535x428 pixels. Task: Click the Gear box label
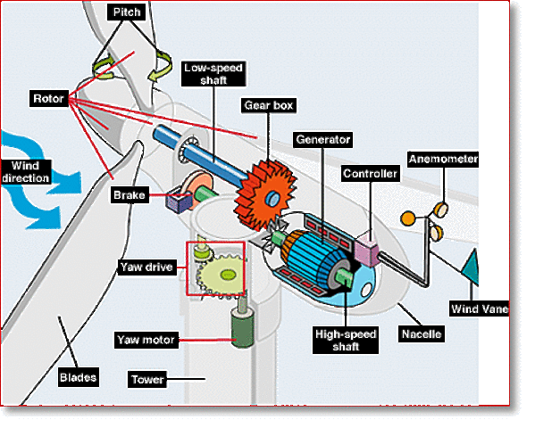[269, 105]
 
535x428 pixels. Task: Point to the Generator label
[322, 139]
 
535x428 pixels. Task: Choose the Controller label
[371, 174]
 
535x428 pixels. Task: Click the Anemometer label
[443, 160]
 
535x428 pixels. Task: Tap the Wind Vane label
[479, 309]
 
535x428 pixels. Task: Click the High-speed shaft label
[346, 340]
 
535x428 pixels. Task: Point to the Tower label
[147, 379]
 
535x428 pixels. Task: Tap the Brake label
[130, 194]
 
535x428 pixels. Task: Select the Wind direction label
[26, 172]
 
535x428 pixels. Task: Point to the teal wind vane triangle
[469, 266]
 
